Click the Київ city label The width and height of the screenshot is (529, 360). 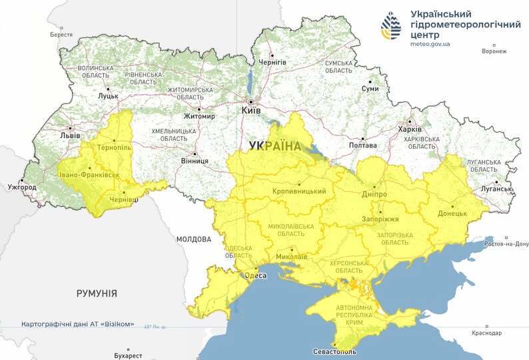pos(251,110)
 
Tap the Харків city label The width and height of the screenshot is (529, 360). pos(410,129)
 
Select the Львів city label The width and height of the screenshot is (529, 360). pos(70,135)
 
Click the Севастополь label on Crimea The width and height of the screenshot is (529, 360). pos(334,351)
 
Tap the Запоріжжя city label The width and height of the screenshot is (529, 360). pos(380,219)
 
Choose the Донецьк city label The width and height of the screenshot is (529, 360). pos(452,214)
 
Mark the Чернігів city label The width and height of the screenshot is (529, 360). pos(273,62)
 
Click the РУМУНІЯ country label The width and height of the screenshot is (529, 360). pos(97,293)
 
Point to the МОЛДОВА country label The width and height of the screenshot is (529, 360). pos(193,239)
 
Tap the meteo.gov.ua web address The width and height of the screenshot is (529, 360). pos(430,44)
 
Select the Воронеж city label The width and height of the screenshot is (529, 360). pos(494,51)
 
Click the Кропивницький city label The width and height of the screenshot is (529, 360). pos(299,191)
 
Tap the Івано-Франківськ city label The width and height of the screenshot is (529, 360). pos(89,175)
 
